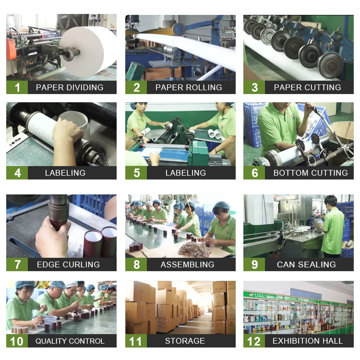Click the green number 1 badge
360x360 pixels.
17,87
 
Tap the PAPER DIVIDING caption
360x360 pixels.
70,87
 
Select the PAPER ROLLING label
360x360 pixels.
188,87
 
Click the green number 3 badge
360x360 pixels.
254,87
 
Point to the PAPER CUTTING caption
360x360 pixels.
307,87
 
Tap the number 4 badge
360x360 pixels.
17,173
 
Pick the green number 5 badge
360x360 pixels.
136,173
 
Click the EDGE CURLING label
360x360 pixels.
68,264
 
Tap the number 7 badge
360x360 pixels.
17,264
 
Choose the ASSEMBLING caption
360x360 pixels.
187,264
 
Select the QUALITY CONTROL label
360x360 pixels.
70,341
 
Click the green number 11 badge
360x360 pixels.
136,341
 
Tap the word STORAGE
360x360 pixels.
185,341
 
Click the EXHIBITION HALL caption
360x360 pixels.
307,341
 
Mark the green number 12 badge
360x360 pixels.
254,341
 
